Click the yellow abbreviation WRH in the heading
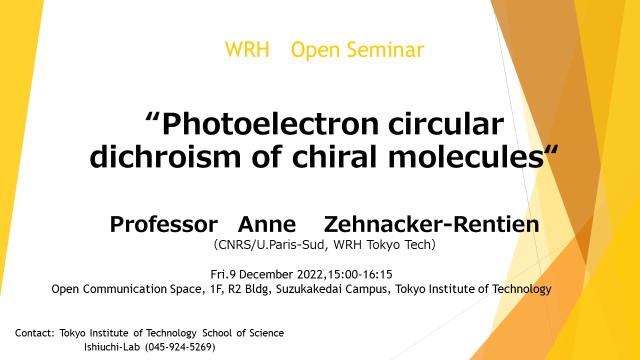click(x=247, y=49)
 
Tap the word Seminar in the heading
click(x=385, y=49)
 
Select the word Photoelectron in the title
click(x=270, y=124)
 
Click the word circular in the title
click(x=445, y=124)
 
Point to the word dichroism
click(x=165, y=156)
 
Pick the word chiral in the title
click(x=334, y=156)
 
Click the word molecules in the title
click(x=466, y=156)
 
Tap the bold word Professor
click(x=163, y=224)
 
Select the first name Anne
click(x=267, y=224)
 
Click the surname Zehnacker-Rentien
click(x=431, y=224)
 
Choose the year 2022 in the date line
click(x=309, y=274)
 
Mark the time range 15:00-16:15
click(x=360, y=274)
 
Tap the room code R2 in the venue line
click(x=234, y=289)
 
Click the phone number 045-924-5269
click(x=180, y=347)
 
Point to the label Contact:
click(x=34, y=333)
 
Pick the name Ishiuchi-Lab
click(x=112, y=347)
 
